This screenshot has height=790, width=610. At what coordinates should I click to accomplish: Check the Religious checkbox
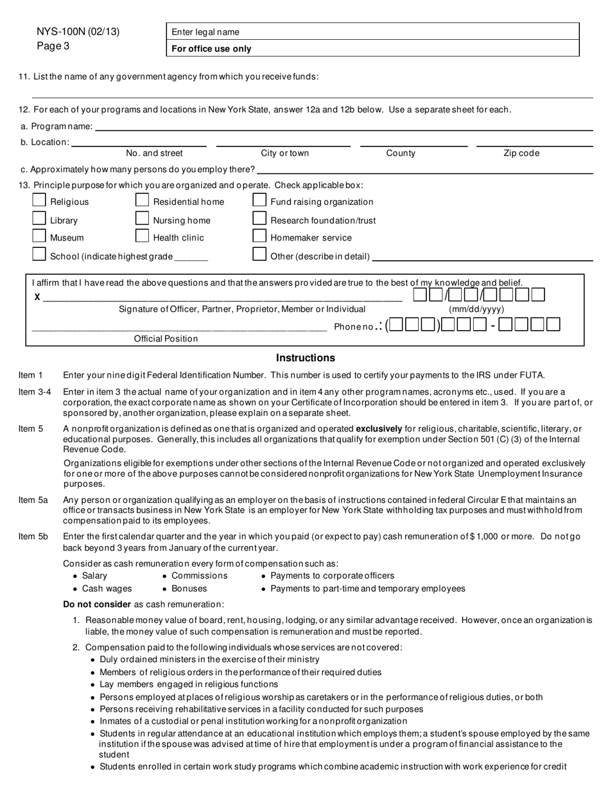[39, 201]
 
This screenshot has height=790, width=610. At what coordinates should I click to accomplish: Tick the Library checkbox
[39, 219]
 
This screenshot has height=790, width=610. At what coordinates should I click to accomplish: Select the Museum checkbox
[39, 236]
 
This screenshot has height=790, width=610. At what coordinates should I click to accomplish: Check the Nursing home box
[142, 219]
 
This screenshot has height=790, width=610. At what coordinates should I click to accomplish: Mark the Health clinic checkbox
[142, 236]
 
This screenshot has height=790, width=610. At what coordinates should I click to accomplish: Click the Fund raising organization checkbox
[259, 201]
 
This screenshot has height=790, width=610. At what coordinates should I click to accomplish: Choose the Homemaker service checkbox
[259, 236]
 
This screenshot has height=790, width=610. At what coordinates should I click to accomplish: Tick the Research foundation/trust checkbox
[259, 219]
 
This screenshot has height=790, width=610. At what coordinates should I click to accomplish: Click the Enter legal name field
[372, 32]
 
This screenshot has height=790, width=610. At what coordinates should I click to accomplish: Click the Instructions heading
[305, 358]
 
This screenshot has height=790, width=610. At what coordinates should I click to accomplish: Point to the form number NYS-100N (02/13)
[78, 32]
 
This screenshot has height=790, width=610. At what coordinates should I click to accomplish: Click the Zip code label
[521, 154]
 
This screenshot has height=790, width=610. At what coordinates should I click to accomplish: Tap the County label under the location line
[401, 154]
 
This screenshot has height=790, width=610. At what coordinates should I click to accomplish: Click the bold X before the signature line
[37, 297]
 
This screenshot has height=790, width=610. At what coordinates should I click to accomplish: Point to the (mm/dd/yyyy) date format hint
[476, 310]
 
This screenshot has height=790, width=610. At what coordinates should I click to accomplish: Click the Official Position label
[166, 338]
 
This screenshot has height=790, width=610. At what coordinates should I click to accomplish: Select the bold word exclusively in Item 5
[379, 428]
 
